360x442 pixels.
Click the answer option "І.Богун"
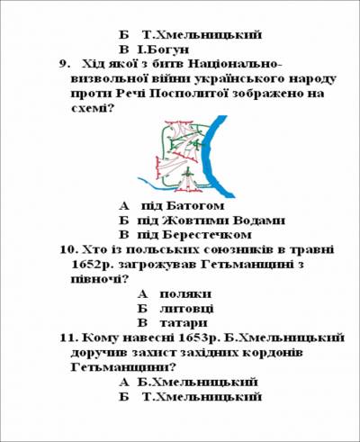(x=163, y=50)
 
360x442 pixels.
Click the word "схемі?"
(x=93, y=108)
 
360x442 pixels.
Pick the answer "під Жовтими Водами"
(x=211, y=221)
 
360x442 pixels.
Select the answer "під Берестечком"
(x=194, y=235)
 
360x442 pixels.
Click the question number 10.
(x=69, y=249)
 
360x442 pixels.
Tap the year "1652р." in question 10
(x=93, y=265)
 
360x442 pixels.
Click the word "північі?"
(x=99, y=279)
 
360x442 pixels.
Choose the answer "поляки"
(x=185, y=294)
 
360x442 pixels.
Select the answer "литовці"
(x=186, y=309)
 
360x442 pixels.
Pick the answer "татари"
(x=184, y=323)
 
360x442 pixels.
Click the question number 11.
(x=69, y=338)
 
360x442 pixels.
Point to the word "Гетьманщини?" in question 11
(x=123, y=367)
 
